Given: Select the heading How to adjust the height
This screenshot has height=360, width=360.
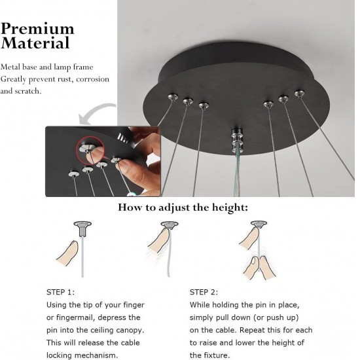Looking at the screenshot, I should click(x=183, y=207).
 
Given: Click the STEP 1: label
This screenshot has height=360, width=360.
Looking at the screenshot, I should click(x=60, y=292).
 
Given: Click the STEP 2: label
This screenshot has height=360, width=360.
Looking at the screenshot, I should click(x=204, y=292).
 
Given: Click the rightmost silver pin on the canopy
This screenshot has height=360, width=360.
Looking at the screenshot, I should click(x=299, y=94).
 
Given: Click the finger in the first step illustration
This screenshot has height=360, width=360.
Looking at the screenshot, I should click(x=67, y=255).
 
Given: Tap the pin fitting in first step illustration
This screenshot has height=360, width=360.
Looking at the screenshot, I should click(x=82, y=227).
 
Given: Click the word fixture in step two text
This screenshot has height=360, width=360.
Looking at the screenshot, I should click(x=217, y=355).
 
